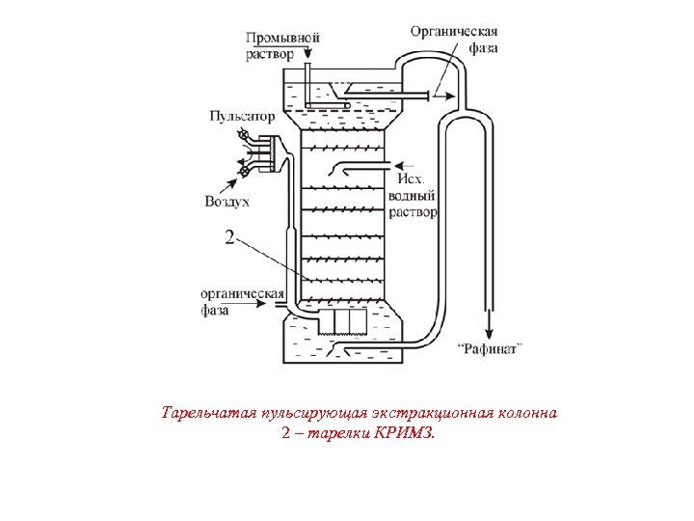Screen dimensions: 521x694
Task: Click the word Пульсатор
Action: [242, 116]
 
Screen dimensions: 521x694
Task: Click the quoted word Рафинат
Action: [490, 347]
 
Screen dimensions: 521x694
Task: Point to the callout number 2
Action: [229, 236]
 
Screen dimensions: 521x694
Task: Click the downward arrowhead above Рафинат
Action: [490, 328]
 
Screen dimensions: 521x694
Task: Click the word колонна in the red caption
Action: [526, 413]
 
